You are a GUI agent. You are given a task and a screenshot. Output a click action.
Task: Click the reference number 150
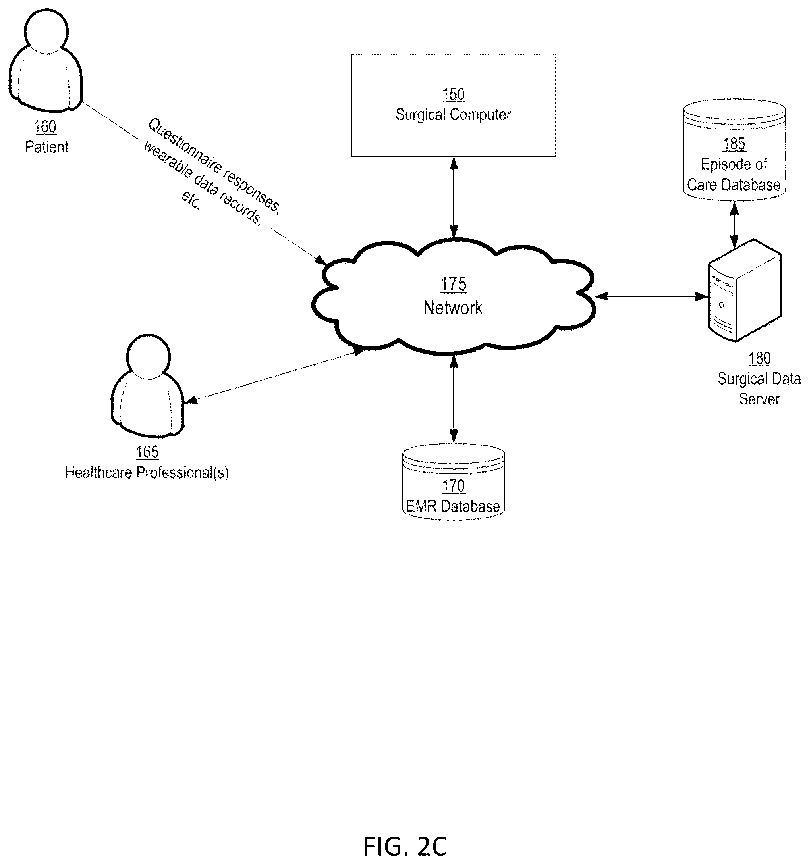pyautogui.click(x=453, y=94)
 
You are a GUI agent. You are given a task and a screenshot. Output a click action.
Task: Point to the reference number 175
pyautogui.click(x=453, y=284)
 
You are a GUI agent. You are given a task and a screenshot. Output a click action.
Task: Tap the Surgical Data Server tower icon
pyautogui.click(x=745, y=290)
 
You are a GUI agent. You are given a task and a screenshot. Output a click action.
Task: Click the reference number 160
pyautogui.click(x=45, y=127)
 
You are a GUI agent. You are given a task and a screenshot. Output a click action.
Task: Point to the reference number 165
pyautogui.click(x=147, y=452)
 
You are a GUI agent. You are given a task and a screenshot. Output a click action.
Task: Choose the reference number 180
pyautogui.click(x=759, y=358)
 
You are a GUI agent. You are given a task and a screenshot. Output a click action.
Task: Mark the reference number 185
pyautogui.click(x=734, y=144)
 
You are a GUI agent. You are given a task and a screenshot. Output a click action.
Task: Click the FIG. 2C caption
pyautogui.click(x=405, y=846)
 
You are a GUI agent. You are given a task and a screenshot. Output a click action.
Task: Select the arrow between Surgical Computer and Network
pyautogui.click(x=454, y=198)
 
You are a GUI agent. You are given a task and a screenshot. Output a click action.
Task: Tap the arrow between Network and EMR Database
pyautogui.click(x=454, y=399)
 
